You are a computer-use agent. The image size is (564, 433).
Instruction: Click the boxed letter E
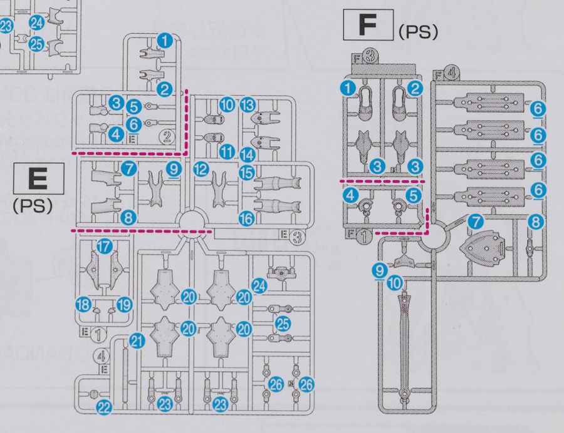point(39,179)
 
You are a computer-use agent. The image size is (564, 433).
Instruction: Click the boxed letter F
point(367,26)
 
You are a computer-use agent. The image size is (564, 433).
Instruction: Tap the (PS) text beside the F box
point(417,33)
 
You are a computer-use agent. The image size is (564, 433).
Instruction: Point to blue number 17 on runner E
point(104,247)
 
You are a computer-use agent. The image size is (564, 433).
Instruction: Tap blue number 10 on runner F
point(395,283)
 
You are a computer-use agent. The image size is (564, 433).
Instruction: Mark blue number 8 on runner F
point(535,221)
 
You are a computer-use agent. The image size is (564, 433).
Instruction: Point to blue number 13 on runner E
point(248,104)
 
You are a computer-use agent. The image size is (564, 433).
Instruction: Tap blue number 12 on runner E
point(201,168)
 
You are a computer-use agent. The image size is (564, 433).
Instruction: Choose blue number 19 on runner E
point(125,305)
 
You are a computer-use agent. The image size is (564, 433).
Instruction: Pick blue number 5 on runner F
point(412,196)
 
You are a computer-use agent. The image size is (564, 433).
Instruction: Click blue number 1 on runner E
point(165,41)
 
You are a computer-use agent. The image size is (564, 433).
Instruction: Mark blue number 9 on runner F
point(378,270)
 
